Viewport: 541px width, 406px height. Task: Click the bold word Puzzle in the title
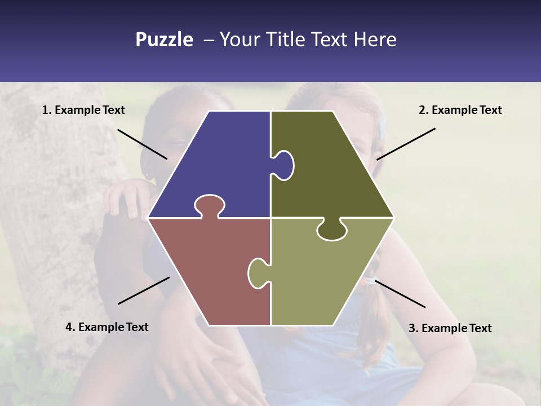tap(164, 39)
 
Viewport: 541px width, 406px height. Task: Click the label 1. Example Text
tap(83, 110)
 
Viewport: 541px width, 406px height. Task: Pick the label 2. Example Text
tap(460, 110)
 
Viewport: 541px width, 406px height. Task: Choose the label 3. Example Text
tap(450, 328)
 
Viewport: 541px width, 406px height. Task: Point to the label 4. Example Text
tap(107, 327)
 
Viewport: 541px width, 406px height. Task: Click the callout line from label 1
tap(142, 144)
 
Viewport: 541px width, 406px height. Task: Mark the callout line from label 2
tap(406, 144)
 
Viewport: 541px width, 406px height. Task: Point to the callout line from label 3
tap(400, 294)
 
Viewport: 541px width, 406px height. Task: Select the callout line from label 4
tap(144, 290)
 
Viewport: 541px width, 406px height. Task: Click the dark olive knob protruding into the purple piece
tap(283, 165)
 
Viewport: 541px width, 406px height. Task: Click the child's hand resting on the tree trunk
tap(127, 197)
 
